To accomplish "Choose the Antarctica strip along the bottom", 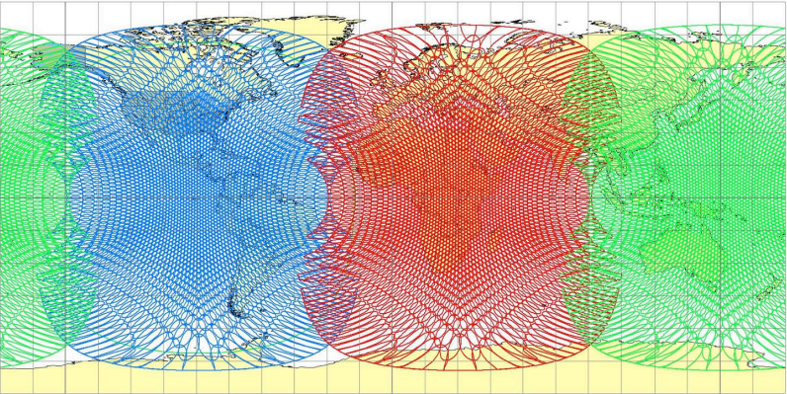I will click(x=395, y=381).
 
